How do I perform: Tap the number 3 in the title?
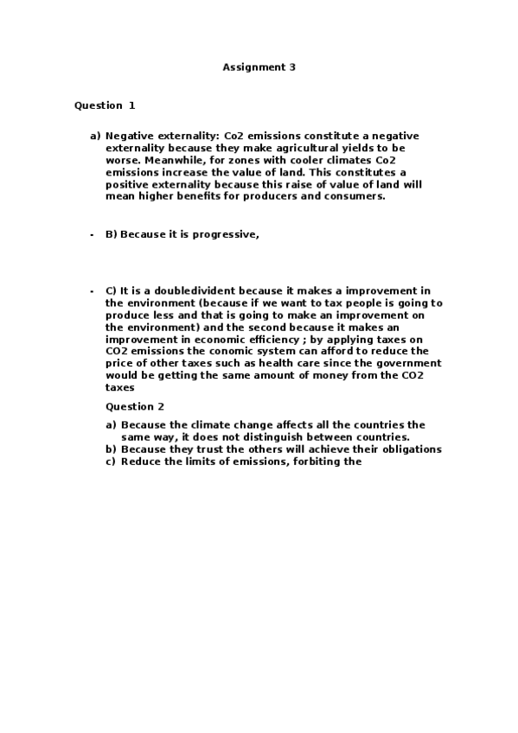[x=293, y=67]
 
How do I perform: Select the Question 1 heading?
[x=105, y=105]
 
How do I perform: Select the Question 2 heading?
[x=135, y=406]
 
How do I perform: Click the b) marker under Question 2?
[x=111, y=449]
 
